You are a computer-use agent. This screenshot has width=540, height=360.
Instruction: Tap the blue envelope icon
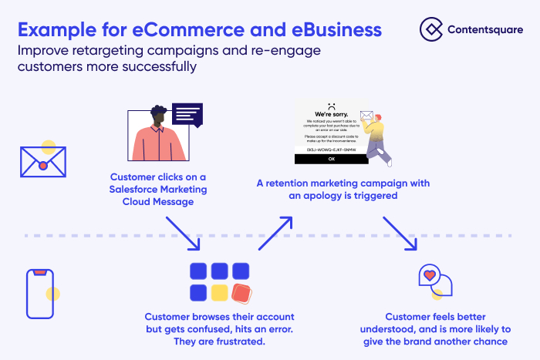[43, 162]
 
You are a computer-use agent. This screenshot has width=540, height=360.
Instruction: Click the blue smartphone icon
[39, 293]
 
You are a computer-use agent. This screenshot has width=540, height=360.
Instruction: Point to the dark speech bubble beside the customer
[187, 116]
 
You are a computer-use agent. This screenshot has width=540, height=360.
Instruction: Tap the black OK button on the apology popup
[331, 159]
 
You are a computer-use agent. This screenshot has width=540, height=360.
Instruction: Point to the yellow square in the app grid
[220, 292]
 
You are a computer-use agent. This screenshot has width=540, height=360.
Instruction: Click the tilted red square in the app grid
[241, 292]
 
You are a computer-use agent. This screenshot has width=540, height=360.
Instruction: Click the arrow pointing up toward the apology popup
[276, 232]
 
